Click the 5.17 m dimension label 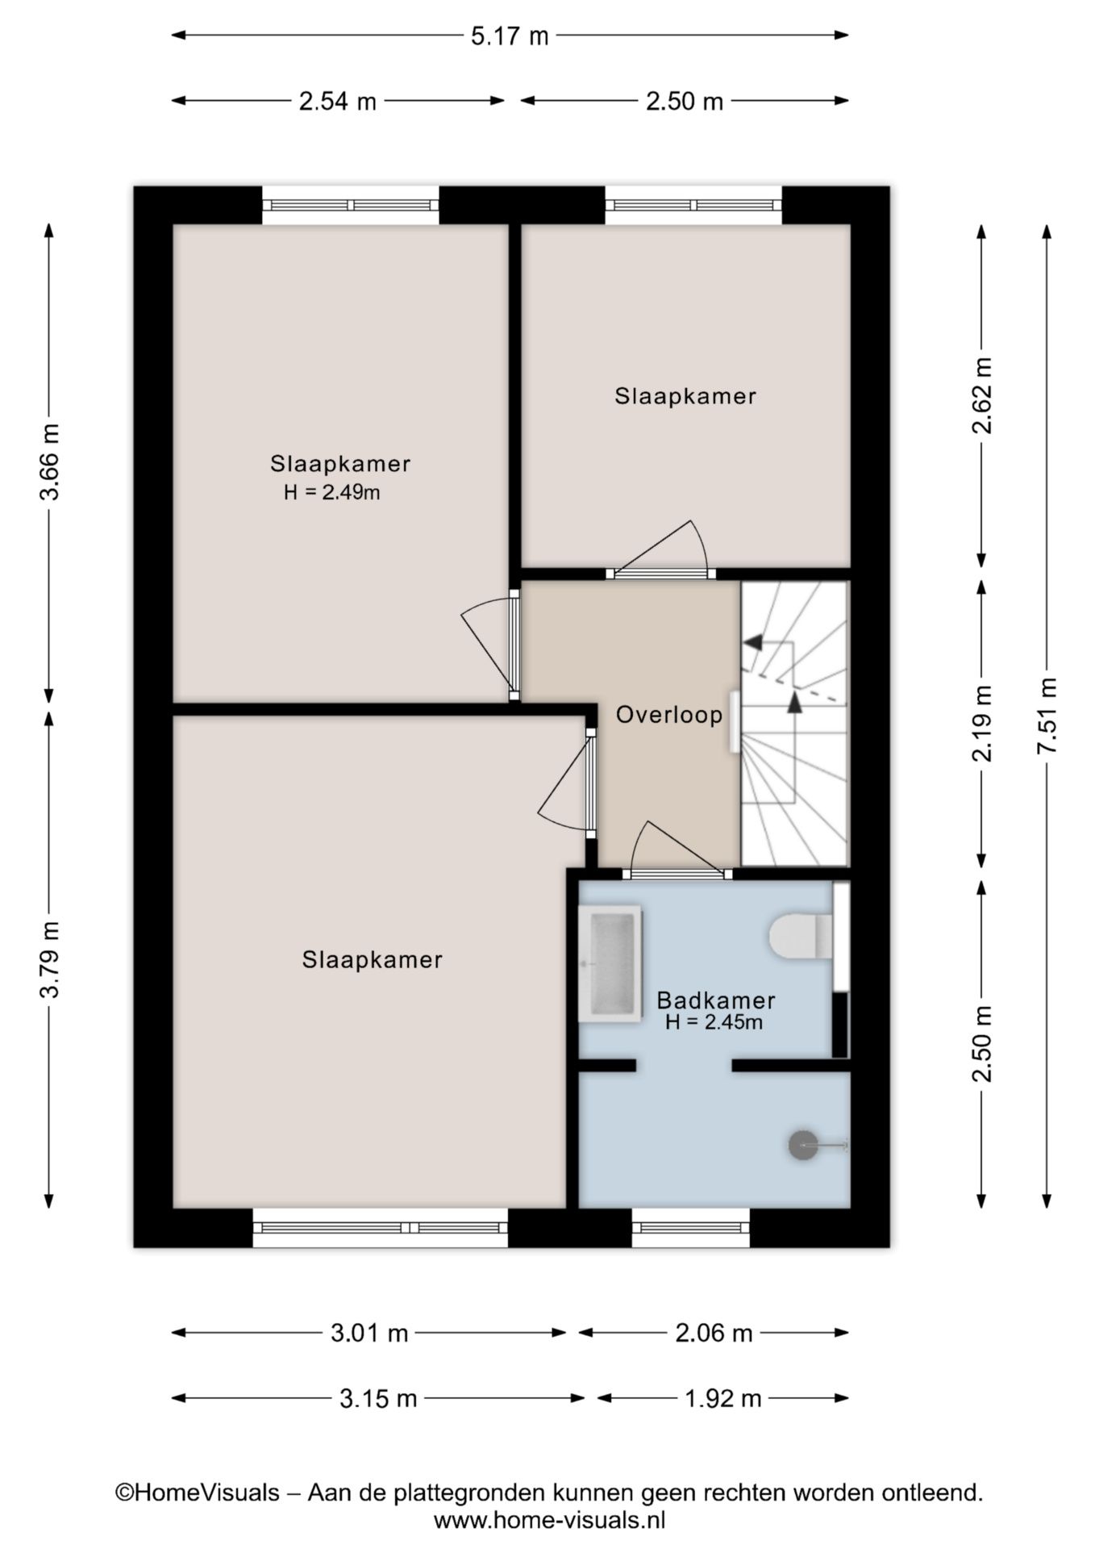510,36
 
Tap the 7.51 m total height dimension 1047,715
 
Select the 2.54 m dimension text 337,102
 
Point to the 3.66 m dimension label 50,461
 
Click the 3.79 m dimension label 50,958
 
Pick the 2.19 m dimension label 982,722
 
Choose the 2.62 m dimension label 982,395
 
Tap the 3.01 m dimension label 369,1333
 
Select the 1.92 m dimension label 722,1398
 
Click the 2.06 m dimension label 714,1333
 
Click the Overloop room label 669,715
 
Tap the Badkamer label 716,1000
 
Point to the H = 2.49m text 331,492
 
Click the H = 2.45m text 714,1022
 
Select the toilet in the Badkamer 801,936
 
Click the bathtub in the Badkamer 610,963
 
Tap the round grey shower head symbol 803,1145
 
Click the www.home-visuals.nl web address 549,1521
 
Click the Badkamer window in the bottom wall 690,1228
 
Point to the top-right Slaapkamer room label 685,396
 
